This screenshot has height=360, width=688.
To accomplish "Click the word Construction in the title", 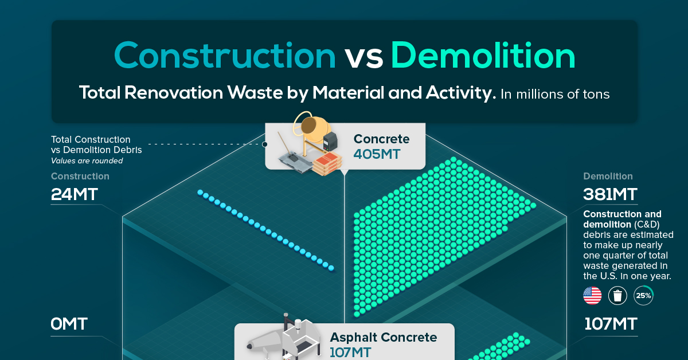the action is point(225,56).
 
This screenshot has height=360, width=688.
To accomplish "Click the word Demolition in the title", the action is point(483,55).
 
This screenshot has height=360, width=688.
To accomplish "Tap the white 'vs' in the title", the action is point(363,58).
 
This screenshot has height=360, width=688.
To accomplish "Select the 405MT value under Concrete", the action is point(377,154).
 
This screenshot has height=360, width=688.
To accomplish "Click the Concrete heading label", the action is point(381,139).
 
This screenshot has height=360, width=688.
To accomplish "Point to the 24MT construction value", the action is point(75,194).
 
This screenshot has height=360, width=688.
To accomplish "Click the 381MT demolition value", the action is point(610,194).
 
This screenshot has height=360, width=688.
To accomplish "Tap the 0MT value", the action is point(69,324).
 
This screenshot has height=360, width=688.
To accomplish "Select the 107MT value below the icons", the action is point(611,324).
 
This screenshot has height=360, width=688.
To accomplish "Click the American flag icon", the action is point(592,295).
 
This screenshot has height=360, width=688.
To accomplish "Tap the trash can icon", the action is point(617,295).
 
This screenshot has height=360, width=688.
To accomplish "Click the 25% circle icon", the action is point(643,295).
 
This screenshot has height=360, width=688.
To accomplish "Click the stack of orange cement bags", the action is point(327,164).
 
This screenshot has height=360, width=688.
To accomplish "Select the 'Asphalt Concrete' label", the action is point(384,337).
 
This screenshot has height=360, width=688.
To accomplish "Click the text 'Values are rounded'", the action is point(87,161).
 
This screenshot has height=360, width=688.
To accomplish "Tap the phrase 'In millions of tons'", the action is point(555,95).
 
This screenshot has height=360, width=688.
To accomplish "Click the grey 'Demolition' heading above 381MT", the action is point(608,176).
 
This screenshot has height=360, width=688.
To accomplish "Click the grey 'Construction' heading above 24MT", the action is point(80,176).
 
